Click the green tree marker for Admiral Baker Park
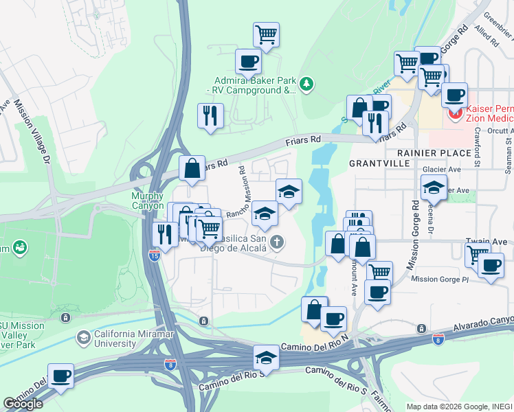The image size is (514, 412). [x=306, y=84]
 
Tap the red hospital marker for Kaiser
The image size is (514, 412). [x=454, y=114]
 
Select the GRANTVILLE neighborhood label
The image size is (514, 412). [x=379, y=163]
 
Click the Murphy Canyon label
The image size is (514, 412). [x=147, y=201]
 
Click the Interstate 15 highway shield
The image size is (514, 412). [x=155, y=255]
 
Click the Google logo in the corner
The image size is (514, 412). [x=23, y=403]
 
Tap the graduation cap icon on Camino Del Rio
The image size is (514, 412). [x=267, y=356]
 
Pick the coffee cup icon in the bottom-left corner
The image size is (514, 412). [x=60, y=376]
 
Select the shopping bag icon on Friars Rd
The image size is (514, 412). [x=192, y=168]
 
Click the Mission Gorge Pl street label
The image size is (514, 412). [x=439, y=279]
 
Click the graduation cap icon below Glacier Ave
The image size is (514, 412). [x=434, y=186]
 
